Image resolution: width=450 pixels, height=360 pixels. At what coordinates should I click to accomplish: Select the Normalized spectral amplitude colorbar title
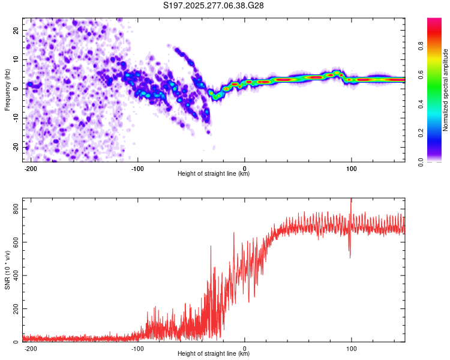[x=445, y=90]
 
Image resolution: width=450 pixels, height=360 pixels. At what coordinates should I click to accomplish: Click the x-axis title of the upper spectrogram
[x=214, y=174]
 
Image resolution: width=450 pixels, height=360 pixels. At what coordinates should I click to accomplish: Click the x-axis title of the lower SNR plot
[x=214, y=354]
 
